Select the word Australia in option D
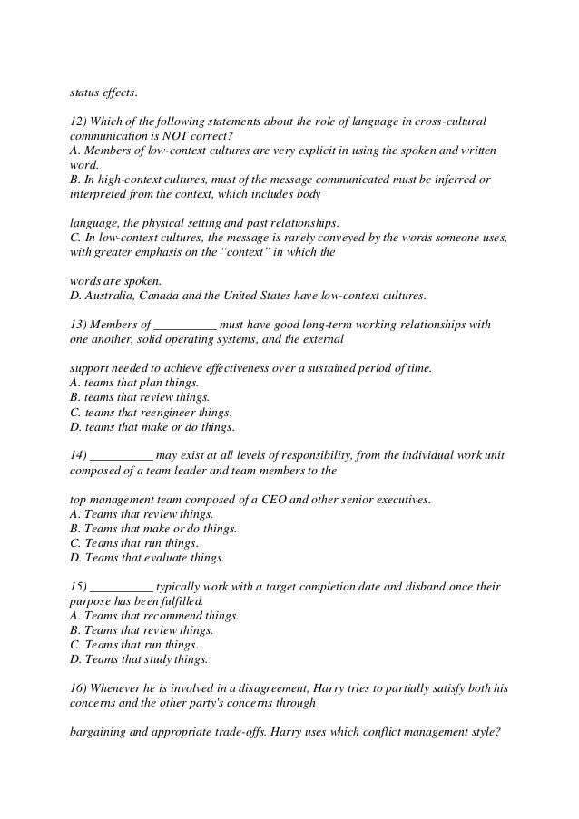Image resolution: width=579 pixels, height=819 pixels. (112, 296)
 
